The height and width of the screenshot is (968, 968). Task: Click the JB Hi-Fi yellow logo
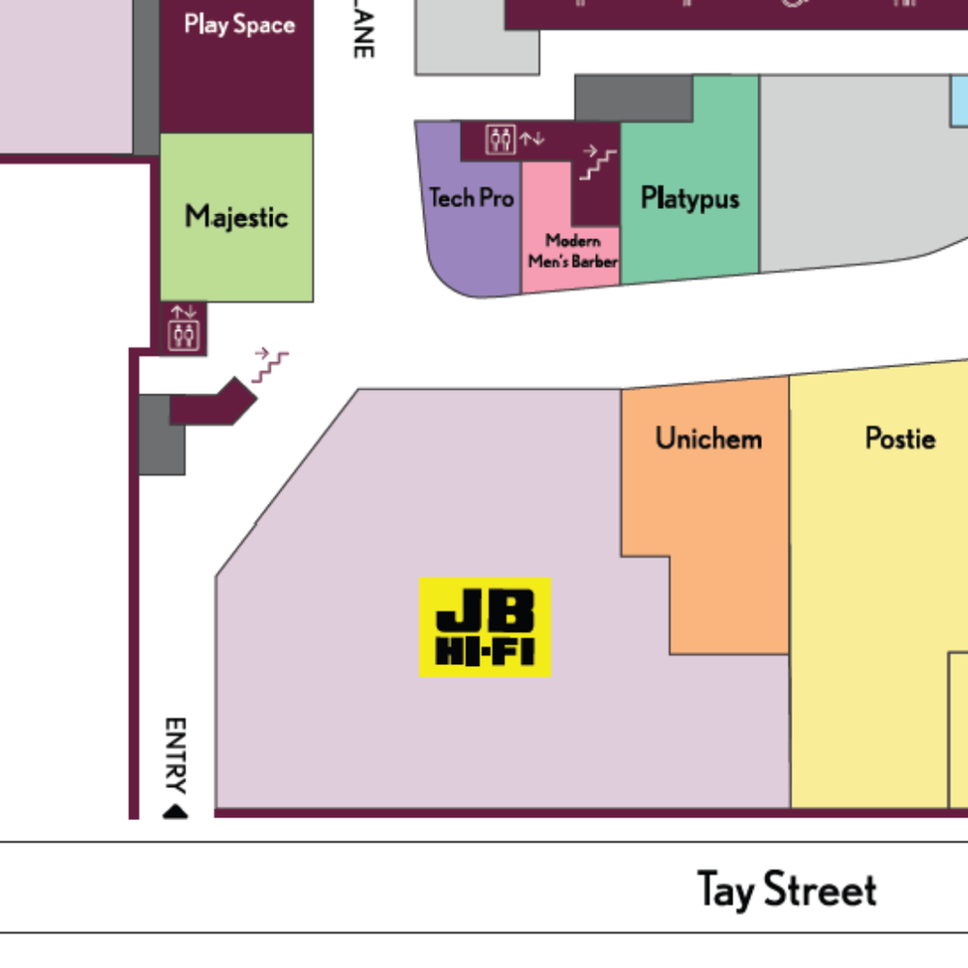point(485,626)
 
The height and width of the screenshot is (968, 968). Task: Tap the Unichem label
point(709,439)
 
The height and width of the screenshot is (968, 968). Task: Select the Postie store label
point(900,439)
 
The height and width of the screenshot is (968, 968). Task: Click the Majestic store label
point(236,216)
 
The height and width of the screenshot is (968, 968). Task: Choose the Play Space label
point(239,24)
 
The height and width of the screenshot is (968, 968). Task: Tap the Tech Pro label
point(471,198)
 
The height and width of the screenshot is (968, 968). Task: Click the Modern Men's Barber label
point(572,251)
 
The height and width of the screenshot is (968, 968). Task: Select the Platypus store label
point(689,198)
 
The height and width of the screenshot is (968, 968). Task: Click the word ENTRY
point(175,755)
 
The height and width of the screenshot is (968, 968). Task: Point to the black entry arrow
point(175,811)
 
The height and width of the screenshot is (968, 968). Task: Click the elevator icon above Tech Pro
point(500,139)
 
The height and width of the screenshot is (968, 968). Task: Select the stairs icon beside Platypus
point(597,163)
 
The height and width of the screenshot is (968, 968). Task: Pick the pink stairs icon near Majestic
point(270,365)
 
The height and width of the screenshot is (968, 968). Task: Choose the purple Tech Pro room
point(471,252)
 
